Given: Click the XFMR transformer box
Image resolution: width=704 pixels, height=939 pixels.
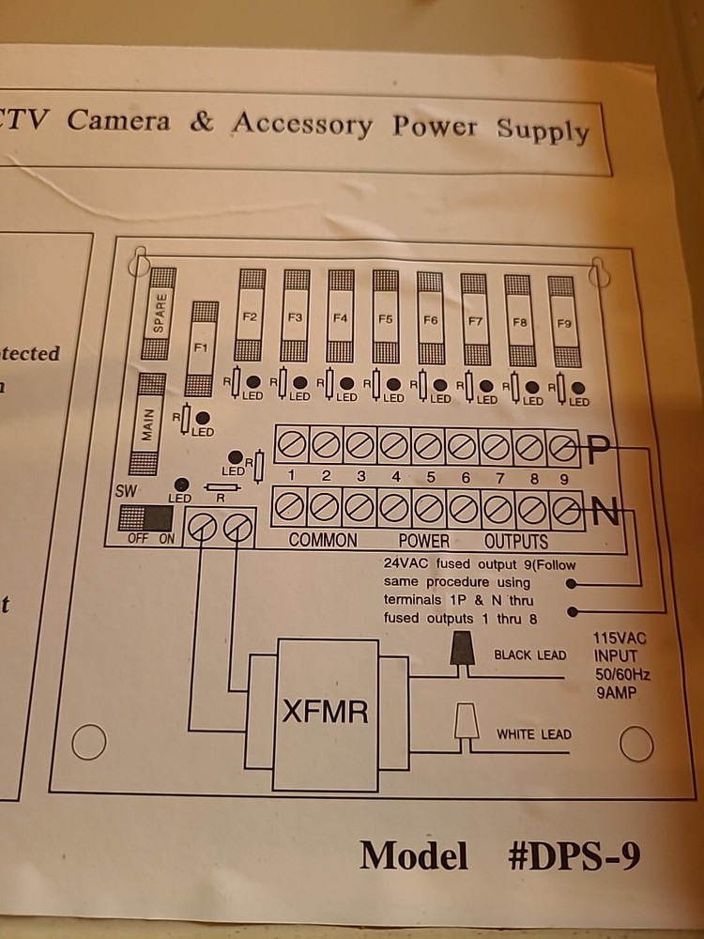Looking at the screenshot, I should (326, 713).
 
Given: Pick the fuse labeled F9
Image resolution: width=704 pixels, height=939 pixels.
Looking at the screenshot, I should (563, 323).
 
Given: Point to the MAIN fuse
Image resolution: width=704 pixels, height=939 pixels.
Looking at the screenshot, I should (149, 424).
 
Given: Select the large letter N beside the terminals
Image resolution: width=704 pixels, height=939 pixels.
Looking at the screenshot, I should (606, 514).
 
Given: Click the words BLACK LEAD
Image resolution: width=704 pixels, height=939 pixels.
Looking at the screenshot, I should (530, 654).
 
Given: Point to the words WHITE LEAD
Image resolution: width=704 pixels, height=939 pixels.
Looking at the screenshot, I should (533, 734).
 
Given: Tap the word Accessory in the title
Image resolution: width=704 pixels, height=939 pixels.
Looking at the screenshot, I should (302, 123).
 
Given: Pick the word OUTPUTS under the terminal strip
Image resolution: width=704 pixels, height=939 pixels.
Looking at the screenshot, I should (516, 541).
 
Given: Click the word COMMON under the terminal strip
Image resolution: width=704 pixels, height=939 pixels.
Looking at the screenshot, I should (323, 541).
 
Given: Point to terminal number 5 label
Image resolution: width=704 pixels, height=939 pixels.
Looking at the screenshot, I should (431, 477).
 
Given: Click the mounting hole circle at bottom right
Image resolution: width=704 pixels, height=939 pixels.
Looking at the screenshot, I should (636, 744).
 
